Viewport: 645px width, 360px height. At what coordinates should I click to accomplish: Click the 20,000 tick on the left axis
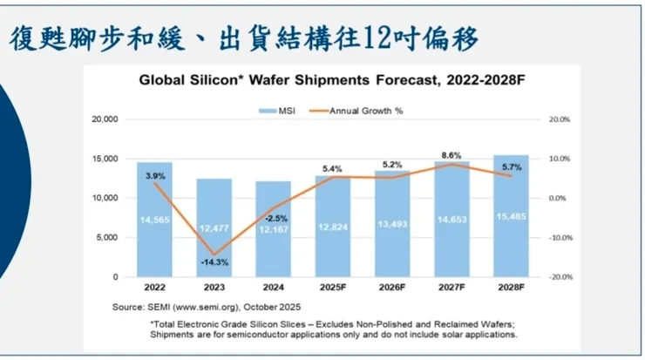[x=105, y=119]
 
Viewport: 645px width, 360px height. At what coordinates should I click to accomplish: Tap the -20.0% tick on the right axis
[x=558, y=277]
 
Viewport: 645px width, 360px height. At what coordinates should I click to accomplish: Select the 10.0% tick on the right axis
[x=559, y=159]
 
